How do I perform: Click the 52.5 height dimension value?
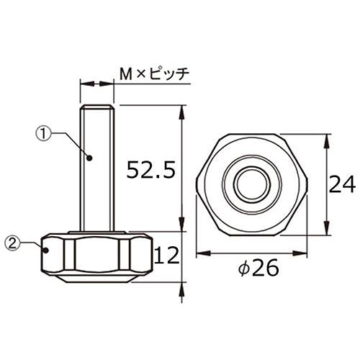[151, 170]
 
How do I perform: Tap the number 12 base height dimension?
[167, 256]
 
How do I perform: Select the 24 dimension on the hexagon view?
[342, 184]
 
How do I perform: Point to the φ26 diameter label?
[258, 267]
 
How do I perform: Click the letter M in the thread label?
[126, 74]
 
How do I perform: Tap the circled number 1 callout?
[43, 133]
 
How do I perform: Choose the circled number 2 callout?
[12, 244]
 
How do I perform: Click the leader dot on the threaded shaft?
[89, 158]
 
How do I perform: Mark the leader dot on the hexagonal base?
[45, 251]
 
